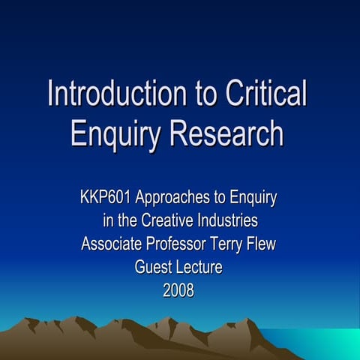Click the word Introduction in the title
(110, 95)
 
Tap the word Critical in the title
(265, 95)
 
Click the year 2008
(178, 289)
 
